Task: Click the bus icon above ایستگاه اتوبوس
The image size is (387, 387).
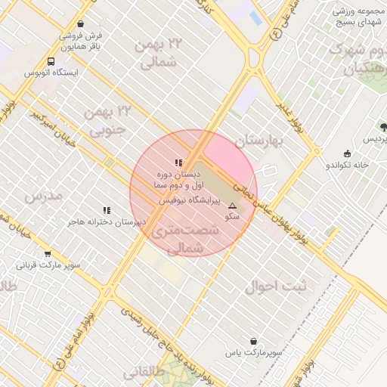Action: (50, 61)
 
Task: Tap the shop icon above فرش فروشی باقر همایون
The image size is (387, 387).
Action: (70, 23)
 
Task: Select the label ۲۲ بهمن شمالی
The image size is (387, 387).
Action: (157, 53)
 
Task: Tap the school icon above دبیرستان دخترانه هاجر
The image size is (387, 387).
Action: (107, 210)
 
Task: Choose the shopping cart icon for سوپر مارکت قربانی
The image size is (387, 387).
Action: (48, 254)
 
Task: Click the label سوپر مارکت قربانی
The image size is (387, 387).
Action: (49, 266)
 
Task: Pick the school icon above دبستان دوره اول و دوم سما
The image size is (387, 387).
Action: (178, 162)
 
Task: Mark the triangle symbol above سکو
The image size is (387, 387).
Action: (232, 206)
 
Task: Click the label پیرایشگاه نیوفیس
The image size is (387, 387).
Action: (190, 202)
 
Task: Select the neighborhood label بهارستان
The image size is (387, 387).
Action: (258, 141)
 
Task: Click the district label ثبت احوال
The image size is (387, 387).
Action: (277, 287)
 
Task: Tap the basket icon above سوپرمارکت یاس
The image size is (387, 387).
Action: (253, 341)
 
